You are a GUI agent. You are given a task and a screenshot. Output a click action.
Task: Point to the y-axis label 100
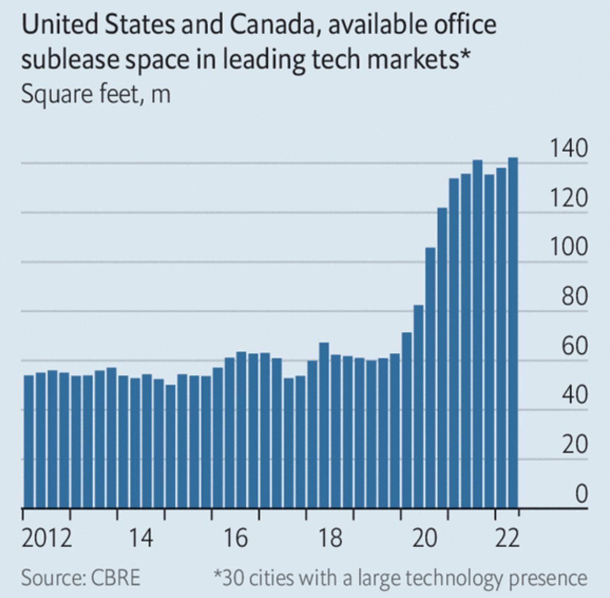pyautogui.click(x=568, y=247)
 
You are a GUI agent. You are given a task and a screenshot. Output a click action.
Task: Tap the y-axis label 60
pyautogui.click(x=574, y=346)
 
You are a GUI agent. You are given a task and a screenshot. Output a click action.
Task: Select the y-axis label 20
pyautogui.click(x=574, y=444)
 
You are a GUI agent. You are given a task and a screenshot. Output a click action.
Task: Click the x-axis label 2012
pyautogui.click(x=47, y=538)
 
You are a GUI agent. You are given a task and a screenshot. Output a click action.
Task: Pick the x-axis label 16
pyautogui.click(x=236, y=538)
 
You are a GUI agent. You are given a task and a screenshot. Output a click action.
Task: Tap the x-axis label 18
pyautogui.click(x=330, y=538)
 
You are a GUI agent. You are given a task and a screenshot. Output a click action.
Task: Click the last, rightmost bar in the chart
pyautogui.click(x=512, y=334)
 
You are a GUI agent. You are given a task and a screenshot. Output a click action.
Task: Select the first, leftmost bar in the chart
pyautogui.click(x=29, y=442)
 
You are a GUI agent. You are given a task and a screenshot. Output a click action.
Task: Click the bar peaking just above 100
pyautogui.click(x=430, y=378)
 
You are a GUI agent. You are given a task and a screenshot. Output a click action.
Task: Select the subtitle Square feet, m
pyautogui.click(x=96, y=95)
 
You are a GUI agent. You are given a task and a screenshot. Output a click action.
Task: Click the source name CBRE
pyautogui.click(x=116, y=577)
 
